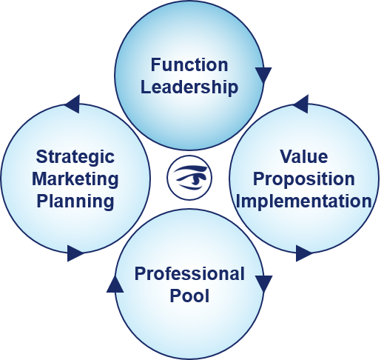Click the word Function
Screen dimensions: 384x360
point(189,64)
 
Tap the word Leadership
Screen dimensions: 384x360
point(189,87)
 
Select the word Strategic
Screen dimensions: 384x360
point(75,157)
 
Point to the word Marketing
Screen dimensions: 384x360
point(75,179)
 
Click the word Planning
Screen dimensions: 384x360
point(75,201)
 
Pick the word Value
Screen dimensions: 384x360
point(304,156)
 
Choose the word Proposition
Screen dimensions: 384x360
point(304,179)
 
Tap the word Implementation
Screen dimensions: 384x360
point(304,201)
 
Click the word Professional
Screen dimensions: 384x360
point(189,273)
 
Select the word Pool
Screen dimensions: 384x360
point(189,296)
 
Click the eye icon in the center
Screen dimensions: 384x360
point(189,178)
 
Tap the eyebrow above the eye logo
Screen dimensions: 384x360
point(190,170)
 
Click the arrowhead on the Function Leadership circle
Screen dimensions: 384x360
point(263,75)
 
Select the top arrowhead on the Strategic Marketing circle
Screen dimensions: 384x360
point(72,104)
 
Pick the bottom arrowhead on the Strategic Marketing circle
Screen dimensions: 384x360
point(75,253)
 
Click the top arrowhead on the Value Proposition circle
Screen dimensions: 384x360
point(300,104)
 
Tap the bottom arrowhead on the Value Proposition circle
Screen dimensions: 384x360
point(304,253)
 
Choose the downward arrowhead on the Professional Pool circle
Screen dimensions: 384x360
point(263,284)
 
